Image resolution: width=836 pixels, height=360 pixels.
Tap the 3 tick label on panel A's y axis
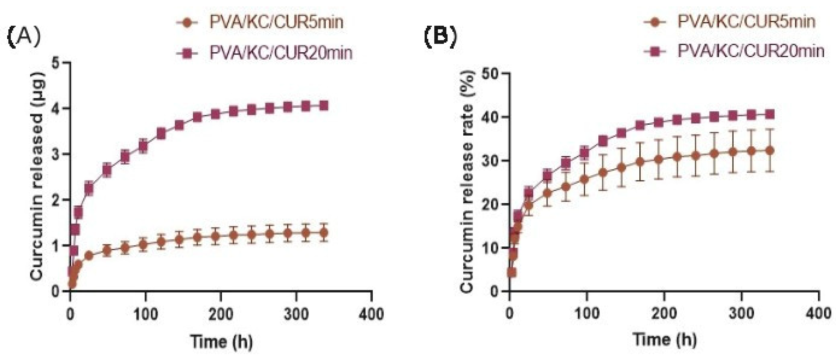coord(57,154)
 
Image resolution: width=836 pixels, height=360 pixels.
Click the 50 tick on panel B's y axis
coord(491,74)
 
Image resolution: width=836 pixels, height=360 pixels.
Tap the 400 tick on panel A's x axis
coord(372,314)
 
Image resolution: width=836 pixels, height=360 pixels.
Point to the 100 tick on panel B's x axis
coord(587,314)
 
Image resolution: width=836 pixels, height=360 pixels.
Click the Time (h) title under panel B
coord(665,340)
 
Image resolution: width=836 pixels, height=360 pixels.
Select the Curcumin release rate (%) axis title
coord(468,182)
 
